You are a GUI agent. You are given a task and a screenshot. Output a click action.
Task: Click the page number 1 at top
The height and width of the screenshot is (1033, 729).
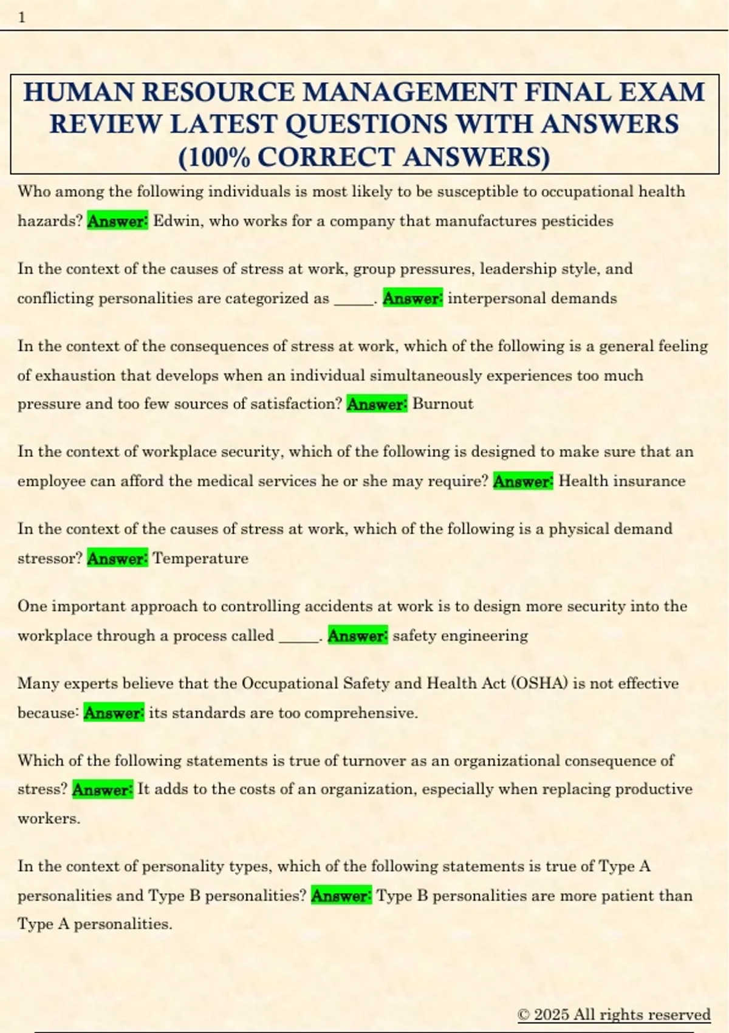click(22, 17)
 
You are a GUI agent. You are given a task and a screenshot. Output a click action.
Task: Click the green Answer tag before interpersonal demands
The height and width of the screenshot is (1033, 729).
click(412, 298)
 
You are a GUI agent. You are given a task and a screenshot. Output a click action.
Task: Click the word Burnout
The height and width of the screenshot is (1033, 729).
click(443, 404)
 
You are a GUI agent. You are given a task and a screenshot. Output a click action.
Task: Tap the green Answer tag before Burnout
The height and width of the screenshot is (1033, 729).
click(377, 404)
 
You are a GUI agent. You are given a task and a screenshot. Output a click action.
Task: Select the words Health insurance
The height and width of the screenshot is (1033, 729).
click(622, 481)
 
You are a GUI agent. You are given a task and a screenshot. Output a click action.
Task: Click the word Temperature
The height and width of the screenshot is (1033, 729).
click(200, 558)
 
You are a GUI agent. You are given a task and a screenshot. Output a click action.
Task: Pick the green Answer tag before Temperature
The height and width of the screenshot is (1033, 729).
click(117, 558)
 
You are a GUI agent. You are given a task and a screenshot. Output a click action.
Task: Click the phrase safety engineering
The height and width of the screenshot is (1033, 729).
click(460, 636)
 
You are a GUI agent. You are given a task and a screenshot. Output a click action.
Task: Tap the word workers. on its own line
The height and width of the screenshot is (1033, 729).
click(49, 819)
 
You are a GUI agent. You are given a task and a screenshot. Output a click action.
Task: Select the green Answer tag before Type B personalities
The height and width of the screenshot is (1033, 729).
click(341, 896)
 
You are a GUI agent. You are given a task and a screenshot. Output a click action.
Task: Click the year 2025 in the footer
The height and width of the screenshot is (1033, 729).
click(552, 1014)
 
